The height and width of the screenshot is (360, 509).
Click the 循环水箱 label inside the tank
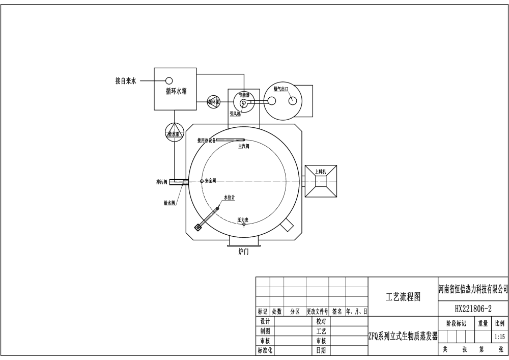pos(176,91)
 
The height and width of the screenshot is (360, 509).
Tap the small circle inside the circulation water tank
pos(168,80)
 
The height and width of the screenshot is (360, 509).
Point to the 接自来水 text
pos(126,80)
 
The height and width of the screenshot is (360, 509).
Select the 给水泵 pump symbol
pos(175,133)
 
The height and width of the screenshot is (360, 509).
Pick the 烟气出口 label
pos(281,89)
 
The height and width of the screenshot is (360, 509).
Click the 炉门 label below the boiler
pos(244,252)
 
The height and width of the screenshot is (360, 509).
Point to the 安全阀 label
pos(210,181)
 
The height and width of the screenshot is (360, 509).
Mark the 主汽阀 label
pos(243,146)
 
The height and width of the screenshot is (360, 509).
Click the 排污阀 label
pos(162,181)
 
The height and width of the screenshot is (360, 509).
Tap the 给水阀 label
pos(169,203)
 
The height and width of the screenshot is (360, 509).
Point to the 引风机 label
pos(235,114)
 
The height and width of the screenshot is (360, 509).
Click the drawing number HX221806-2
pos(473,309)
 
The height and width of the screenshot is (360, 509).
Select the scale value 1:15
pos(499,337)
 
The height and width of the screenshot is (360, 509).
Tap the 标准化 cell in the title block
pos(265,350)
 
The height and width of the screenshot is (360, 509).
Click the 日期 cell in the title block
pos(321,350)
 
